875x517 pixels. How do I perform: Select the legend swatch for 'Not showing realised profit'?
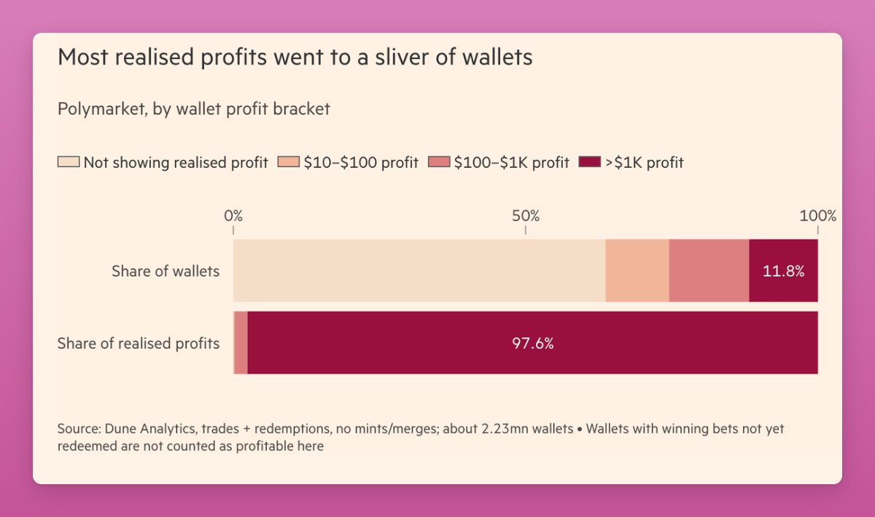(69, 163)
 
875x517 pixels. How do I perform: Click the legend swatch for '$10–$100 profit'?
(289, 163)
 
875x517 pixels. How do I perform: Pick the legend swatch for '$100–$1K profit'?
(439, 163)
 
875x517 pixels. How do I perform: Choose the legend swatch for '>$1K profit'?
(589, 163)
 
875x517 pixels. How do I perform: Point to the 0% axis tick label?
(233, 216)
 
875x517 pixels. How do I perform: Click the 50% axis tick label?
(526, 216)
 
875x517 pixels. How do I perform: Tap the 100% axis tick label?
(818, 216)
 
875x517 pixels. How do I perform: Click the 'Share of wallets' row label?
(166, 271)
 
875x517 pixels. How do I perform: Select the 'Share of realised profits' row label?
(139, 343)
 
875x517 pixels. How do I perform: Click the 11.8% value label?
(783, 271)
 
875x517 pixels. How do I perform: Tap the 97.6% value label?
(533, 343)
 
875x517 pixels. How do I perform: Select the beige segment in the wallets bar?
(419, 271)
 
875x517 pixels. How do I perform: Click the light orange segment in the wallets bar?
(637, 271)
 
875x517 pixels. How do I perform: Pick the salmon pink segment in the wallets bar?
(709, 271)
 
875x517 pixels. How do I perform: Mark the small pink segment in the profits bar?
(241, 343)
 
